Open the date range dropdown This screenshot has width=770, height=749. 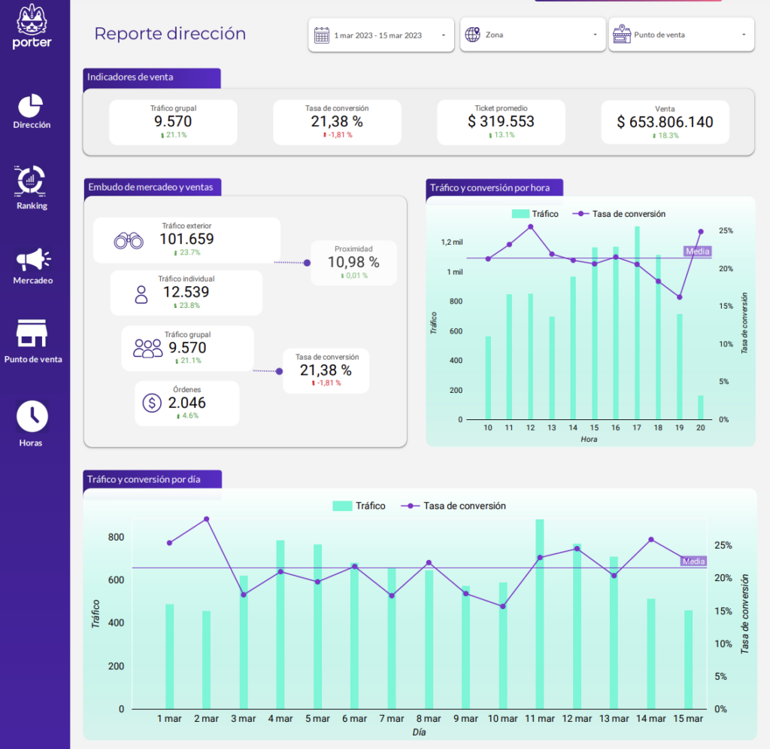[x=380, y=35]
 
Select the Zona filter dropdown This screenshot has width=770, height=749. [x=532, y=35]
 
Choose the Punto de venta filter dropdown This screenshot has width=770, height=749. [x=681, y=35]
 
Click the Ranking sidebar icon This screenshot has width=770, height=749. [x=32, y=180]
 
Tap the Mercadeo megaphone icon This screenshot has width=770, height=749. [x=32, y=260]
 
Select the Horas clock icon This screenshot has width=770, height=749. [x=32, y=416]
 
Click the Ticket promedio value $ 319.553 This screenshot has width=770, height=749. [x=501, y=121]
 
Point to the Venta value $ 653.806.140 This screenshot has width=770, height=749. [x=665, y=122]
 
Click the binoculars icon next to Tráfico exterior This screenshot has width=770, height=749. [x=129, y=241]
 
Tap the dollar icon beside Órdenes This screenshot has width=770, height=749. [x=151, y=403]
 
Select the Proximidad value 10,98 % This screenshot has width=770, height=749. [x=353, y=262]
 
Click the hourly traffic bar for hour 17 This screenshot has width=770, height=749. [x=637, y=324]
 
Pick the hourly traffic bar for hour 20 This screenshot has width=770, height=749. [x=700, y=407]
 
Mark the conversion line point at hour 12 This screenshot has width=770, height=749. [x=530, y=227]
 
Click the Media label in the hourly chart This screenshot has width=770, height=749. [x=696, y=251]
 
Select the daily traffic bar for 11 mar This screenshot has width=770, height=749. [x=540, y=614]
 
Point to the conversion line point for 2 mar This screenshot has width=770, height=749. [x=207, y=519]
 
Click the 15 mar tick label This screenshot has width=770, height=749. [x=688, y=719]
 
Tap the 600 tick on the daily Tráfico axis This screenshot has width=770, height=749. [x=115, y=580]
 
